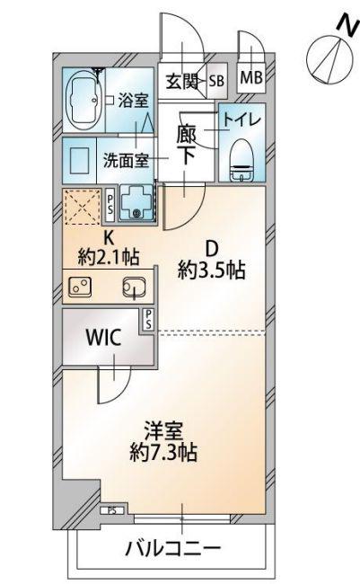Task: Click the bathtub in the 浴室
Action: pyautogui.click(x=83, y=100)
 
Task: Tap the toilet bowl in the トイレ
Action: pyautogui.click(x=241, y=161)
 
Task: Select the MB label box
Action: pyautogui.click(x=251, y=78)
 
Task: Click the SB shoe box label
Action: pyautogui.click(x=216, y=81)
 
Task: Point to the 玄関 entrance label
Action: pyautogui.click(x=181, y=82)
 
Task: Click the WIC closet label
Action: pyautogui.click(x=103, y=338)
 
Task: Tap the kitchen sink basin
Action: pyautogui.click(x=134, y=288)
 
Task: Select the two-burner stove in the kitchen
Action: pyautogui.click(x=80, y=287)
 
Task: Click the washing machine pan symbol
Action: pyautogui.click(x=136, y=203)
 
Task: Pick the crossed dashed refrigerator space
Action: pyautogui.click(x=83, y=207)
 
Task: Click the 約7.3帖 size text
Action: pyautogui.click(x=163, y=452)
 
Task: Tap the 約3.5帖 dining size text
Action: pyautogui.click(x=211, y=270)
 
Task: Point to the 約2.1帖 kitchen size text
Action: pyautogui.click(x=109, y=257)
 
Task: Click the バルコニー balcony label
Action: pyautogui.click(x=172, y=548)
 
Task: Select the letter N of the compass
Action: pyautogui.click(x=347, y=25)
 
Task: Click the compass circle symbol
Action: pyautogui.click(x=329, y=59)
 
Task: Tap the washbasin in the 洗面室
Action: pyautogui.click(x=79, y=160)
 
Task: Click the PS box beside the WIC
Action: pyautogui.click(x=148, y=320)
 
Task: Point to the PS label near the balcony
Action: pyautogui.click(x=111, y=511)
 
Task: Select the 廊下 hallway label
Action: pyautogui.click(x=186, y=145)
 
